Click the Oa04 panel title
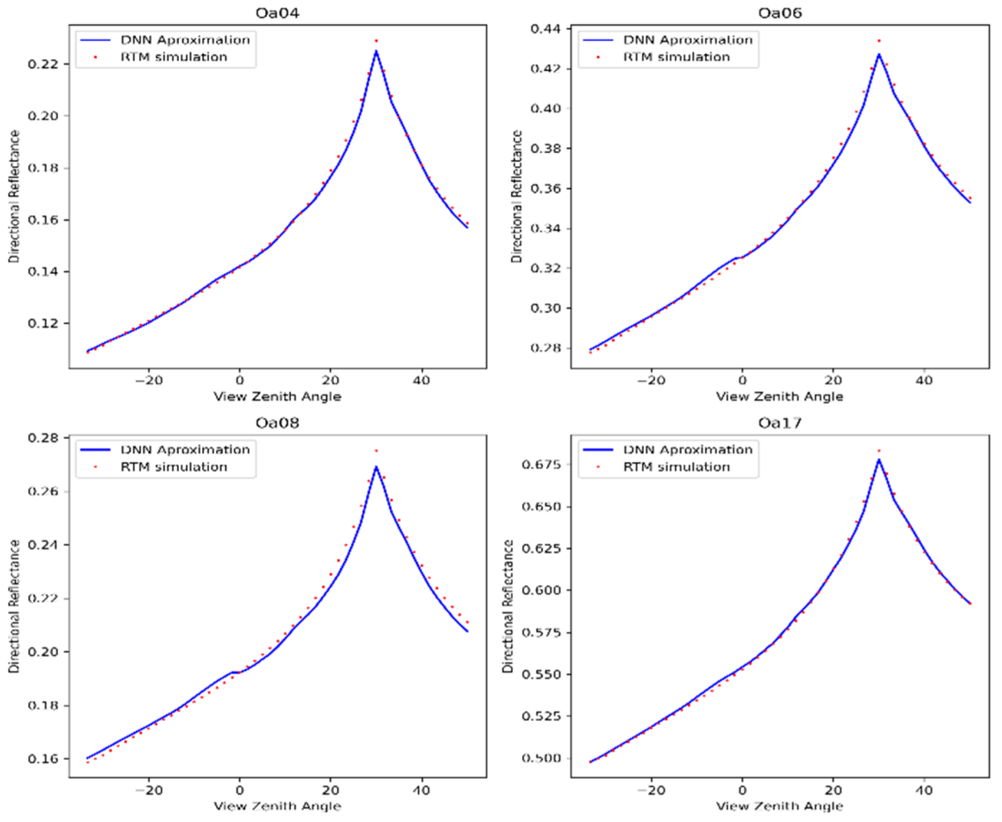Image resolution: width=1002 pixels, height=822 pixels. (277, 12)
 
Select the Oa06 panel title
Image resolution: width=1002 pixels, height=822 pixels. (779, 12)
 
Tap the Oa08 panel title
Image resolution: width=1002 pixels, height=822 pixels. (277, 423)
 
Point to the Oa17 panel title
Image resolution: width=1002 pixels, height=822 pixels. (779, 423)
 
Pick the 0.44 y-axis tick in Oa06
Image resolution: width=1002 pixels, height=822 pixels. (545, 29)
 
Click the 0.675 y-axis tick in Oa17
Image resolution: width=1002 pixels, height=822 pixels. (541, 465)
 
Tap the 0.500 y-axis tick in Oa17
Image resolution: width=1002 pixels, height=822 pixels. (541, 758)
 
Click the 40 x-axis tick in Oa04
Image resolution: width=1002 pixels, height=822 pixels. (421, 381)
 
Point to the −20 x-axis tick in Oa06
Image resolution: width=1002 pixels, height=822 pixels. (651, 381)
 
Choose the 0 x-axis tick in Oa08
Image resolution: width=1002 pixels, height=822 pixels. (240, 791)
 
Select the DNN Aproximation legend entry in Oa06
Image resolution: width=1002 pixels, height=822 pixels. (688, 40)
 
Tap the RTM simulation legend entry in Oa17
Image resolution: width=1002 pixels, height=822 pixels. (676, 467)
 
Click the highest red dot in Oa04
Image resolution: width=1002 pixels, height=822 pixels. (376, 41)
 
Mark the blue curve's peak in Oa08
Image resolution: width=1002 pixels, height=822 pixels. (376, 467)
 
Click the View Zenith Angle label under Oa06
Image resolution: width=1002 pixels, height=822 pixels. (779, 397)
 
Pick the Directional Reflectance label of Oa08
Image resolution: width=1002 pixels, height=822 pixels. (14, 606)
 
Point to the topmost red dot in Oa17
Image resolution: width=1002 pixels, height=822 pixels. (879, 451)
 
